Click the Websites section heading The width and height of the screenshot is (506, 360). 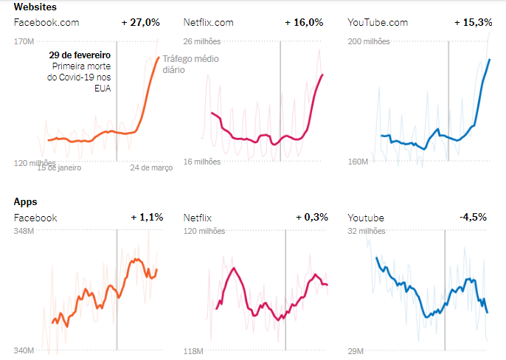35,7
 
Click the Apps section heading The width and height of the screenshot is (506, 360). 26,201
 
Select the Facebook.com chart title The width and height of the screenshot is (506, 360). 46,23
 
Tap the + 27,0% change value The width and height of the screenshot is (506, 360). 140,23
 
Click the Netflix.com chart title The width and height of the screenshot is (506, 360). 208,23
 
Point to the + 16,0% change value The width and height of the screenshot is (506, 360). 304,23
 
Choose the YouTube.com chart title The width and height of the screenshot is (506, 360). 377,23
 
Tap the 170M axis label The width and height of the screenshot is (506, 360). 24,41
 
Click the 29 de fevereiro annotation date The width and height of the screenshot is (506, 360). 80,55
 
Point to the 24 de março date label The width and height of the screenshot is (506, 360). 151,167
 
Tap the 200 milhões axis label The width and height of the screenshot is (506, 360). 368,41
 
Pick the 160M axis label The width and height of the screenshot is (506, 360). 358,161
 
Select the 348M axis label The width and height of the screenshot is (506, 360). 24,232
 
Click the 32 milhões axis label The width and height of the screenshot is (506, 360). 366,232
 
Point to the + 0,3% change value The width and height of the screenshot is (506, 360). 310,218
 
